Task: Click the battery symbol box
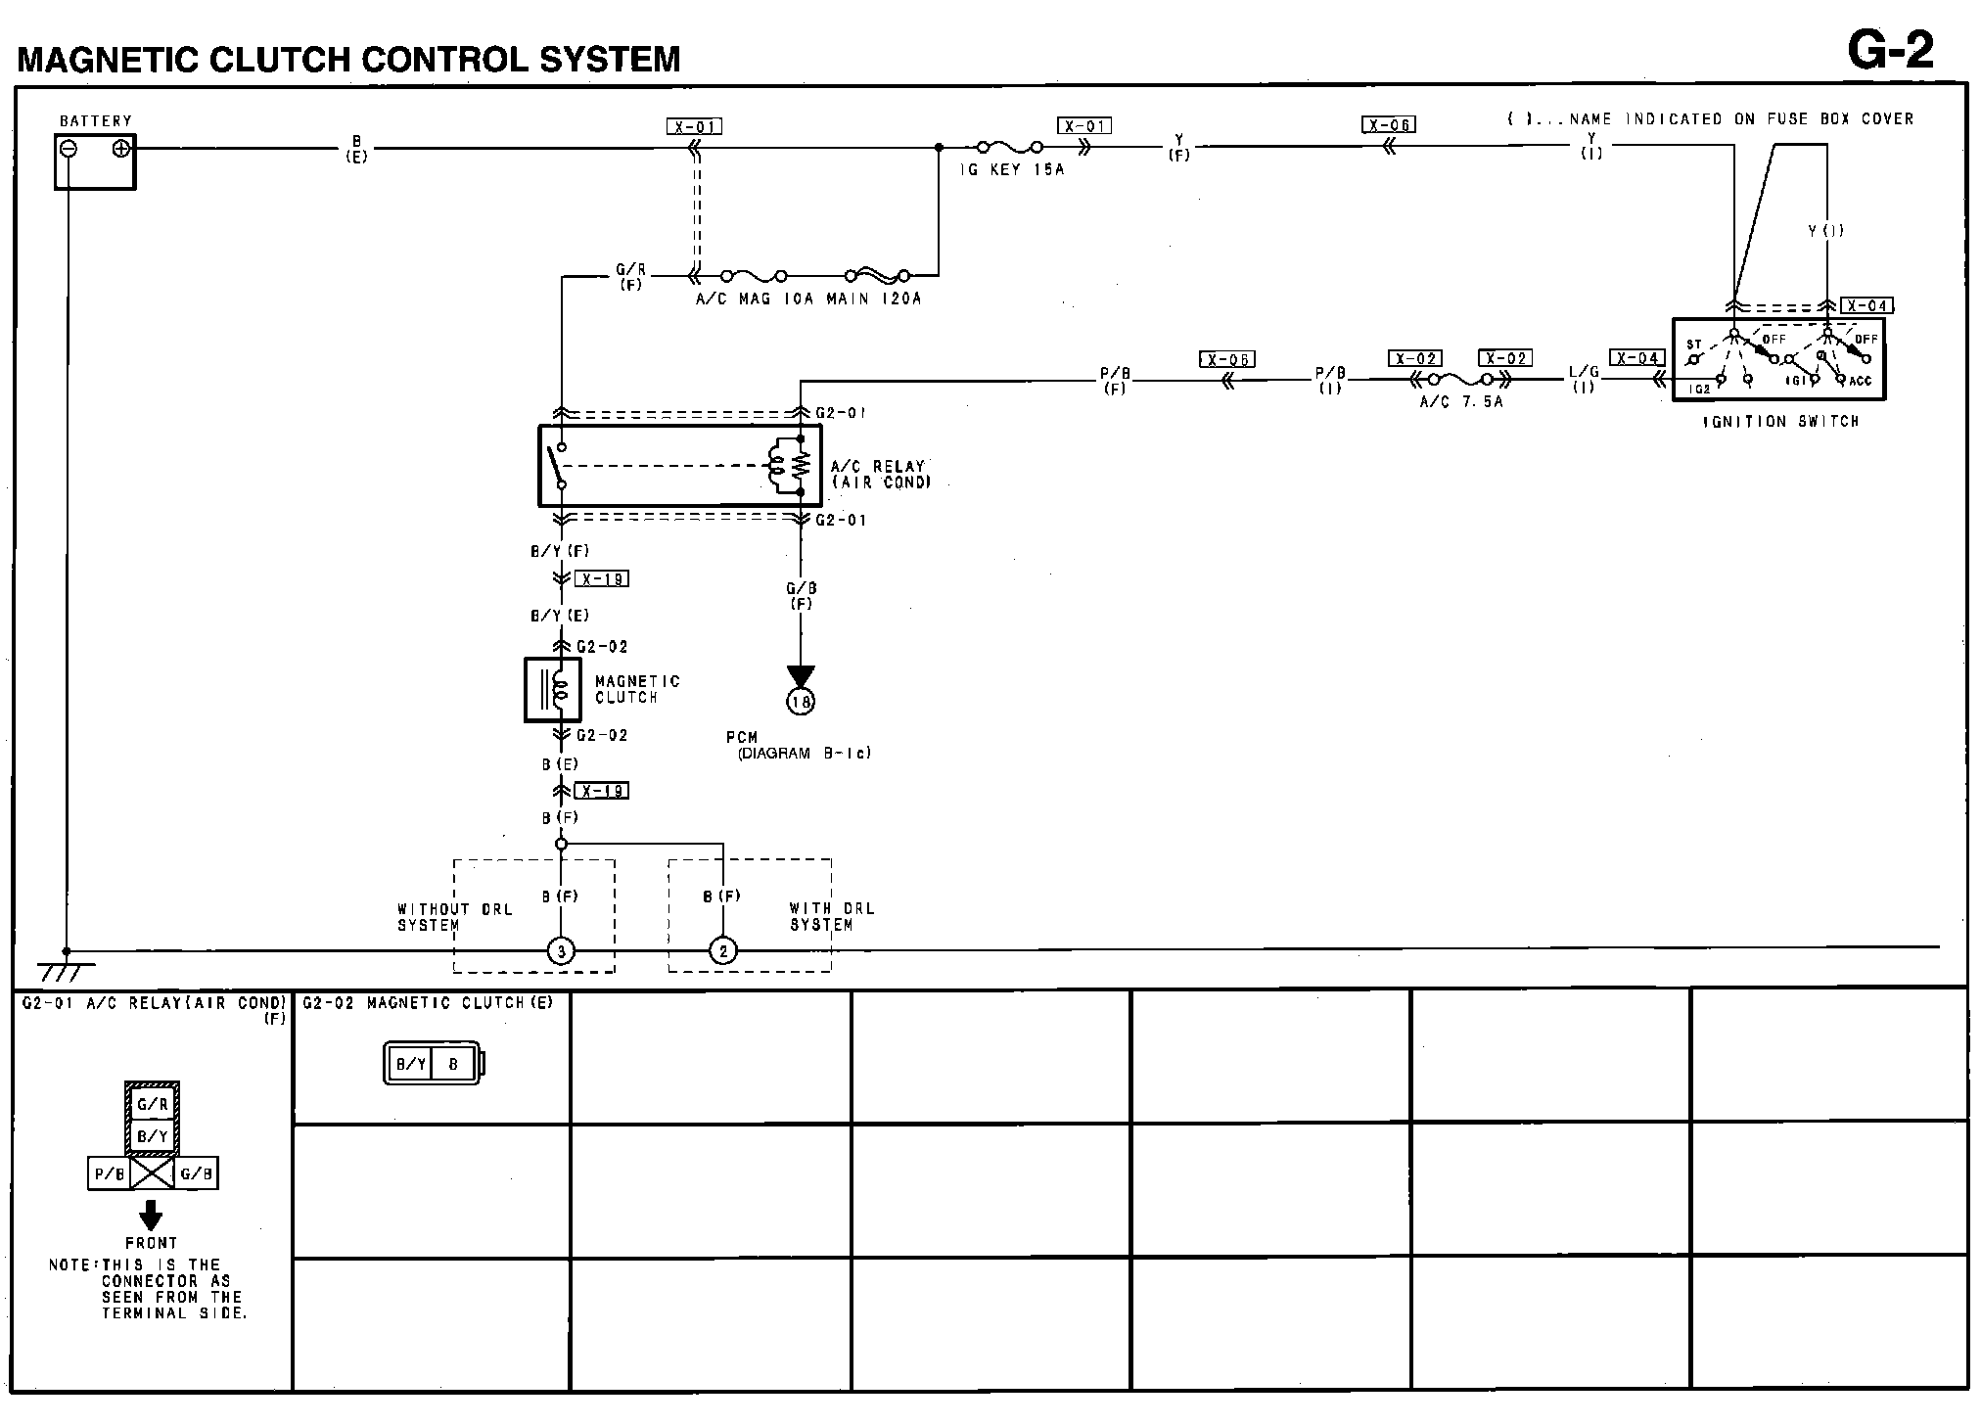(94, 161)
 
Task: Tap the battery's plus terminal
(121, 149)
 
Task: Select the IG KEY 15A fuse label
(1011, 169)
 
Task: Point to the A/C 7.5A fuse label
(1460, 402)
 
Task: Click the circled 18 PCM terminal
(801, 702)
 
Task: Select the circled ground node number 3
(561, 950)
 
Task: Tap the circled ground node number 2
(723, 950)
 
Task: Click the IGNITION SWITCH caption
(1780, 422)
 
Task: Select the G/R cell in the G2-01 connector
(152, 1105)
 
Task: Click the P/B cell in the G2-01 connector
(109, 1173)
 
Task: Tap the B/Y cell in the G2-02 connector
(410, 1064)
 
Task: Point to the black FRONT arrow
(151, 1215)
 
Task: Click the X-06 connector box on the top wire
(1388, 124)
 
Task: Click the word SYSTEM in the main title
(609, 60)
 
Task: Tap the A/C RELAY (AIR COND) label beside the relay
(880, 474)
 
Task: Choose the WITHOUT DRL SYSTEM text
(454, 917)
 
